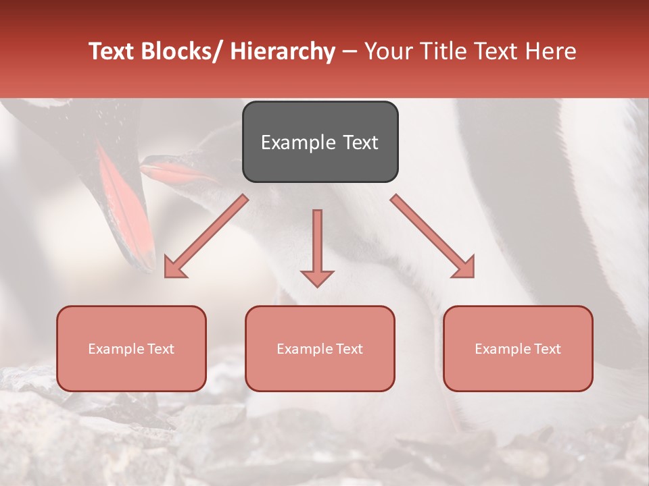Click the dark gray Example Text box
[x=320, y=142]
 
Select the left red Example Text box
[x=131, y=348]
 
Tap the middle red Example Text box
[x=320, y=348]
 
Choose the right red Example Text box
[x=518, y=348]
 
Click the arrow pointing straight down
[x=317, y=247]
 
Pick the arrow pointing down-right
[x=433, y=236]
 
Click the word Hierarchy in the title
[x=283, y=51]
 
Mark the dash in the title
[x=350, y=51]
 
